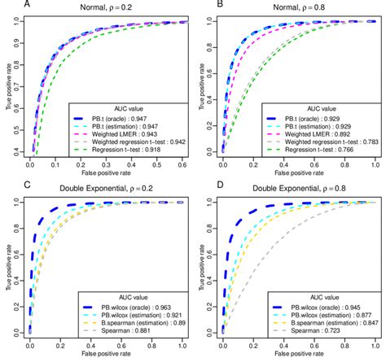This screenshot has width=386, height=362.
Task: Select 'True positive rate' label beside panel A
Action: (7, 85)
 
